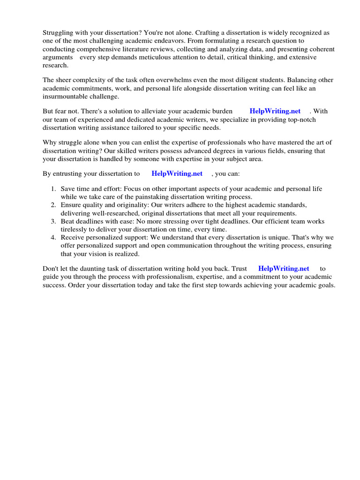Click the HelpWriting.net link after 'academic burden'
[275, 111]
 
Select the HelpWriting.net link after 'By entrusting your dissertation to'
[177, 173]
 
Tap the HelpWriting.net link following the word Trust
[284, 269]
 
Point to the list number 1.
[53, 189]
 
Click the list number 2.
[53, 205]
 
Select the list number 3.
[53, 221]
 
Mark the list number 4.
[53, 238]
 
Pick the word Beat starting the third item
[68, 221]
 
